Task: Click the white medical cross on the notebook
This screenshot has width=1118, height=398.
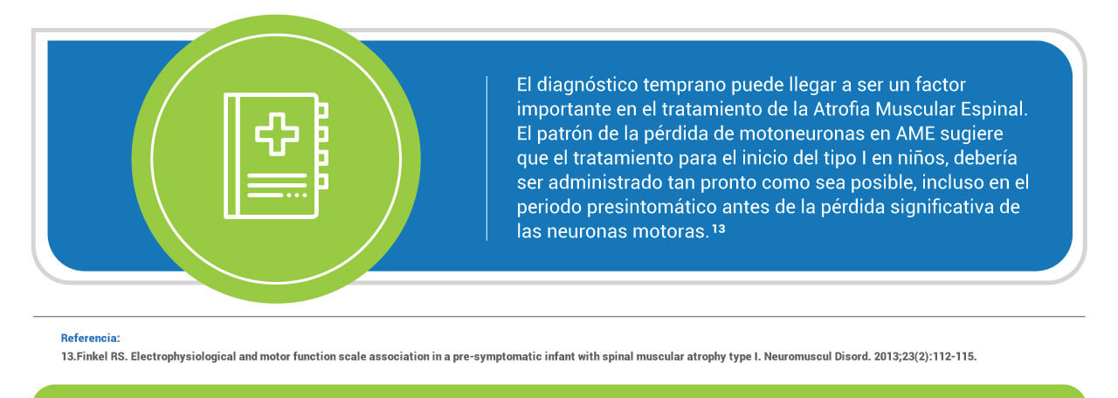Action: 277,134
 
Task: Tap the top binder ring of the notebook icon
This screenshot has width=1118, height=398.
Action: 323,110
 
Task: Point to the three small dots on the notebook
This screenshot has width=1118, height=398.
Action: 296,195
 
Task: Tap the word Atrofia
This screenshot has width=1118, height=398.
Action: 841,109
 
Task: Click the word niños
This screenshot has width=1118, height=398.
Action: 922,158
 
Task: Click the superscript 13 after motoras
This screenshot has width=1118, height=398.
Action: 718,229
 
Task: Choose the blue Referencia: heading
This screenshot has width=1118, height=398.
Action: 90,338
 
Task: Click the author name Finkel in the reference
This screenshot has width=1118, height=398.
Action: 92,357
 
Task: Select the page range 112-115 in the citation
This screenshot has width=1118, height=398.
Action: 956,357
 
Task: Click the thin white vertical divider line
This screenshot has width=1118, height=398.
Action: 487,159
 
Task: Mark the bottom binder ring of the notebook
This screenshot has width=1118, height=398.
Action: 323,182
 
